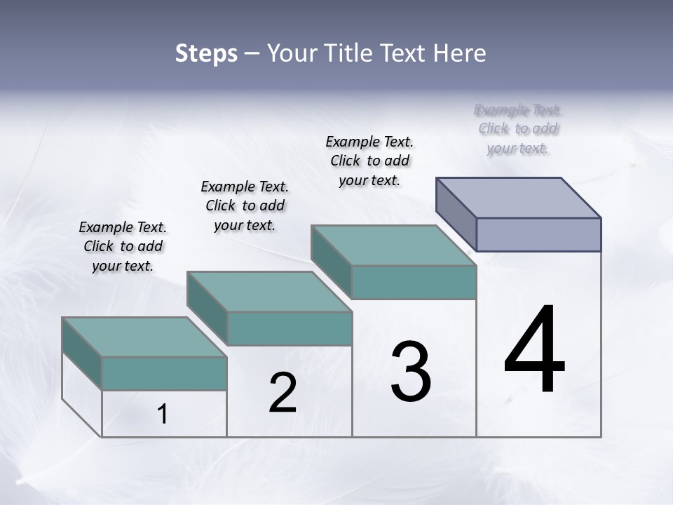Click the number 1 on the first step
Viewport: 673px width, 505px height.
tap(163, 415)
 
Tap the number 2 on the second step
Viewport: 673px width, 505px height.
tap(283, 393)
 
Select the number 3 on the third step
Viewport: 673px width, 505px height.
tap(411, 372)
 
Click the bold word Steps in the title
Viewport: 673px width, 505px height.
tap(206, 53)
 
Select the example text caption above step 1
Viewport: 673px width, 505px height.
tap(123, 246)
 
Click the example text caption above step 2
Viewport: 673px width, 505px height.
tap(245, 206)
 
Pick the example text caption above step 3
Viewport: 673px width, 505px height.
tap(369, 161)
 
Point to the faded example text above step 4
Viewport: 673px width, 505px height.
tap(518, 129)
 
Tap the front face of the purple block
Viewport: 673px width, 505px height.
tap(538, 234)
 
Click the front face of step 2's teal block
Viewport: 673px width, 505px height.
tap(290, 328)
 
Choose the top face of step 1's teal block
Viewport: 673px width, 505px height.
tap(144, 337)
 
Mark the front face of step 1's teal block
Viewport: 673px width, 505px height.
tap(164, 373)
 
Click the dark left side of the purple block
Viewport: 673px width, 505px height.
tap(456, 214)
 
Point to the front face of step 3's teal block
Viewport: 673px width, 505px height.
tap(414, 282)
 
